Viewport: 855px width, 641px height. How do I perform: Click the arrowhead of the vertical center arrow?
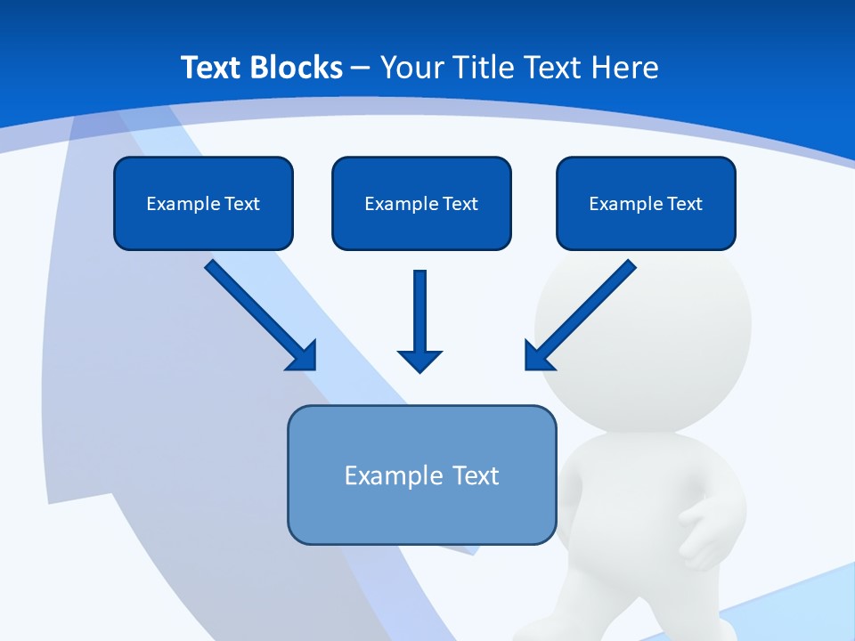point(419,361)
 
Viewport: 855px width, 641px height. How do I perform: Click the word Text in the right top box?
point(685,204)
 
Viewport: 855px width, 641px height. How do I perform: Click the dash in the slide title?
point(361,68)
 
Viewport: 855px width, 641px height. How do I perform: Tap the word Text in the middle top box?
point(460,204)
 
